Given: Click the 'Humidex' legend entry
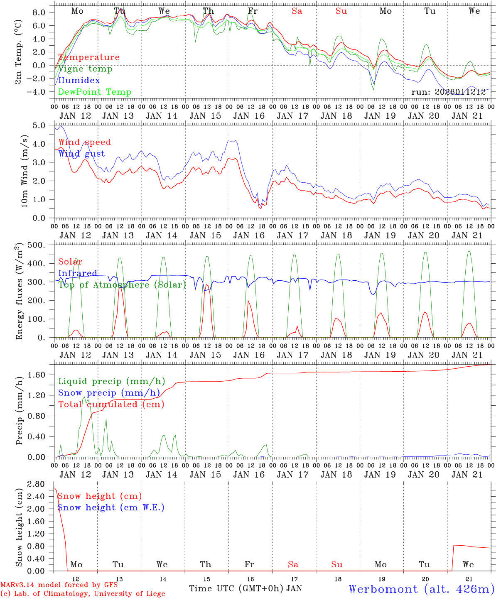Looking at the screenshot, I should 79,81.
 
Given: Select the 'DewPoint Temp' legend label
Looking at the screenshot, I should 95,92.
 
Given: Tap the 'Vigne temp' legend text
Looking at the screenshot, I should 85,69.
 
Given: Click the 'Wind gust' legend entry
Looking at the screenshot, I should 81,154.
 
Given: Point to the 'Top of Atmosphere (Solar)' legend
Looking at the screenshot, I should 122,285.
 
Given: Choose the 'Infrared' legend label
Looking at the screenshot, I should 78,273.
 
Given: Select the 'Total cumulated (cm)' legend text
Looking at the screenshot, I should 111,404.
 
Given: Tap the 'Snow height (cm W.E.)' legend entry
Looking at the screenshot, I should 111,507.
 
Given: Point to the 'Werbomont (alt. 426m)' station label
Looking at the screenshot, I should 421,589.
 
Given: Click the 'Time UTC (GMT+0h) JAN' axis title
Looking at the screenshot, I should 246,588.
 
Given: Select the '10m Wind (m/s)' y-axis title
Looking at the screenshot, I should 25,171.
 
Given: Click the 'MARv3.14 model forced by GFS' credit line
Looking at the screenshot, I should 59,586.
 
